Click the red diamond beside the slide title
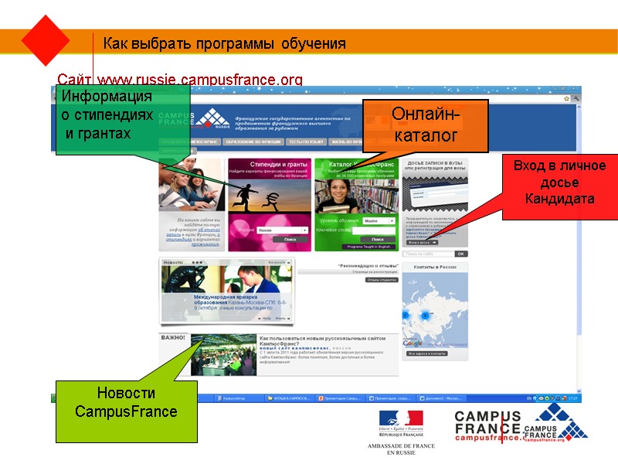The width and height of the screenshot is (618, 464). (x=46, y=40)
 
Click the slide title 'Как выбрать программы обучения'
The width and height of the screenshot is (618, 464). (x=225, y=43)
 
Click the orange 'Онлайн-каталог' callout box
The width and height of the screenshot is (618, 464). (x=426, y=125)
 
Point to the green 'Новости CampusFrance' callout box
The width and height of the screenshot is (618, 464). (x=126, y=402)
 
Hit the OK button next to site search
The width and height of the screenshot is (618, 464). (x=460, y=254)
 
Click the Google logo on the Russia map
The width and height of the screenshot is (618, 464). (x=412, y=343)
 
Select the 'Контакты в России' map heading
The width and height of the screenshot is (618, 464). (x=435, y=267)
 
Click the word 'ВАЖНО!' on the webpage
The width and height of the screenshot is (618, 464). (x=173, y=338)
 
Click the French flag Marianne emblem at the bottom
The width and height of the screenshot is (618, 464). (x=400, y=421)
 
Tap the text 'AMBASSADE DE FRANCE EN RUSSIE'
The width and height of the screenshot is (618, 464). (x=400, y=449)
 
